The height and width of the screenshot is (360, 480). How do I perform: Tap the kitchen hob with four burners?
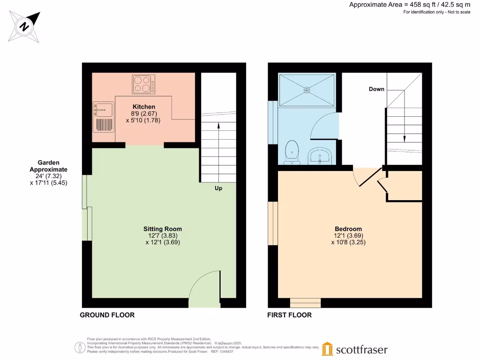click(x=143, y=84)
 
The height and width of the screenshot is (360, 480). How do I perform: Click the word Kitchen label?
click(x=143, y=107)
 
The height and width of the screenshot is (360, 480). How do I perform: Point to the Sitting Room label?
click(x=162, y=229)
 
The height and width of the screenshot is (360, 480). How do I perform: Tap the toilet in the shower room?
click(x=292, y=153)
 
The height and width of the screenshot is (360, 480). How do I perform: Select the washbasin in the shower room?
click(x=321, y=156)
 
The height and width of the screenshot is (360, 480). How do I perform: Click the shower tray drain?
click(x=307, y=90)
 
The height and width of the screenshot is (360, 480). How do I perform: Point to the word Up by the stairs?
click(x=218, y=188)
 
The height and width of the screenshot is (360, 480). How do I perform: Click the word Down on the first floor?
click(x=376, y=89)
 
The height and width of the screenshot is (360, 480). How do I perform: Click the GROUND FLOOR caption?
click(x=107, y=315)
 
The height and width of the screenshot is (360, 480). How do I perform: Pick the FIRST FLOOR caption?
click(x=289, y=315)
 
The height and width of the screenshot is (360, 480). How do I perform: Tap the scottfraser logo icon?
click(x=328, y=349)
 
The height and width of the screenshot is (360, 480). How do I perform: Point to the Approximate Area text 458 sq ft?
click(x=410, y=5)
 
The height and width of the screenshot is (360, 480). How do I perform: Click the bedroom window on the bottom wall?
click(x=305, y=302)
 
